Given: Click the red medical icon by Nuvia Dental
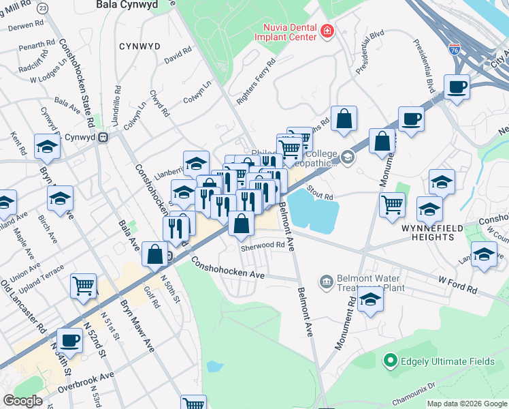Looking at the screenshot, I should click(327, 31).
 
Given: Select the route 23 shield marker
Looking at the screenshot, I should click(44, 7).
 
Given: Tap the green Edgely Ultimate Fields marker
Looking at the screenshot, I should click(391, 359).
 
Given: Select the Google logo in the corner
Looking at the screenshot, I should click(22, 401).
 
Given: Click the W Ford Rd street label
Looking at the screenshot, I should click(457, 284).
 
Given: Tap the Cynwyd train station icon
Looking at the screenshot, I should click(103, 137).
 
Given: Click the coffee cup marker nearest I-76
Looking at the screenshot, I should click(457, 88).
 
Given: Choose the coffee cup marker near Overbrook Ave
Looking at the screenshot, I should click(69, 339).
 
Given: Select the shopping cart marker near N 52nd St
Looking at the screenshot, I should click(83, 286).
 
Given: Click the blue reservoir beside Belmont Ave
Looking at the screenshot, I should click(313, 212).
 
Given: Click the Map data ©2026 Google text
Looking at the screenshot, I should click(466, 404).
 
